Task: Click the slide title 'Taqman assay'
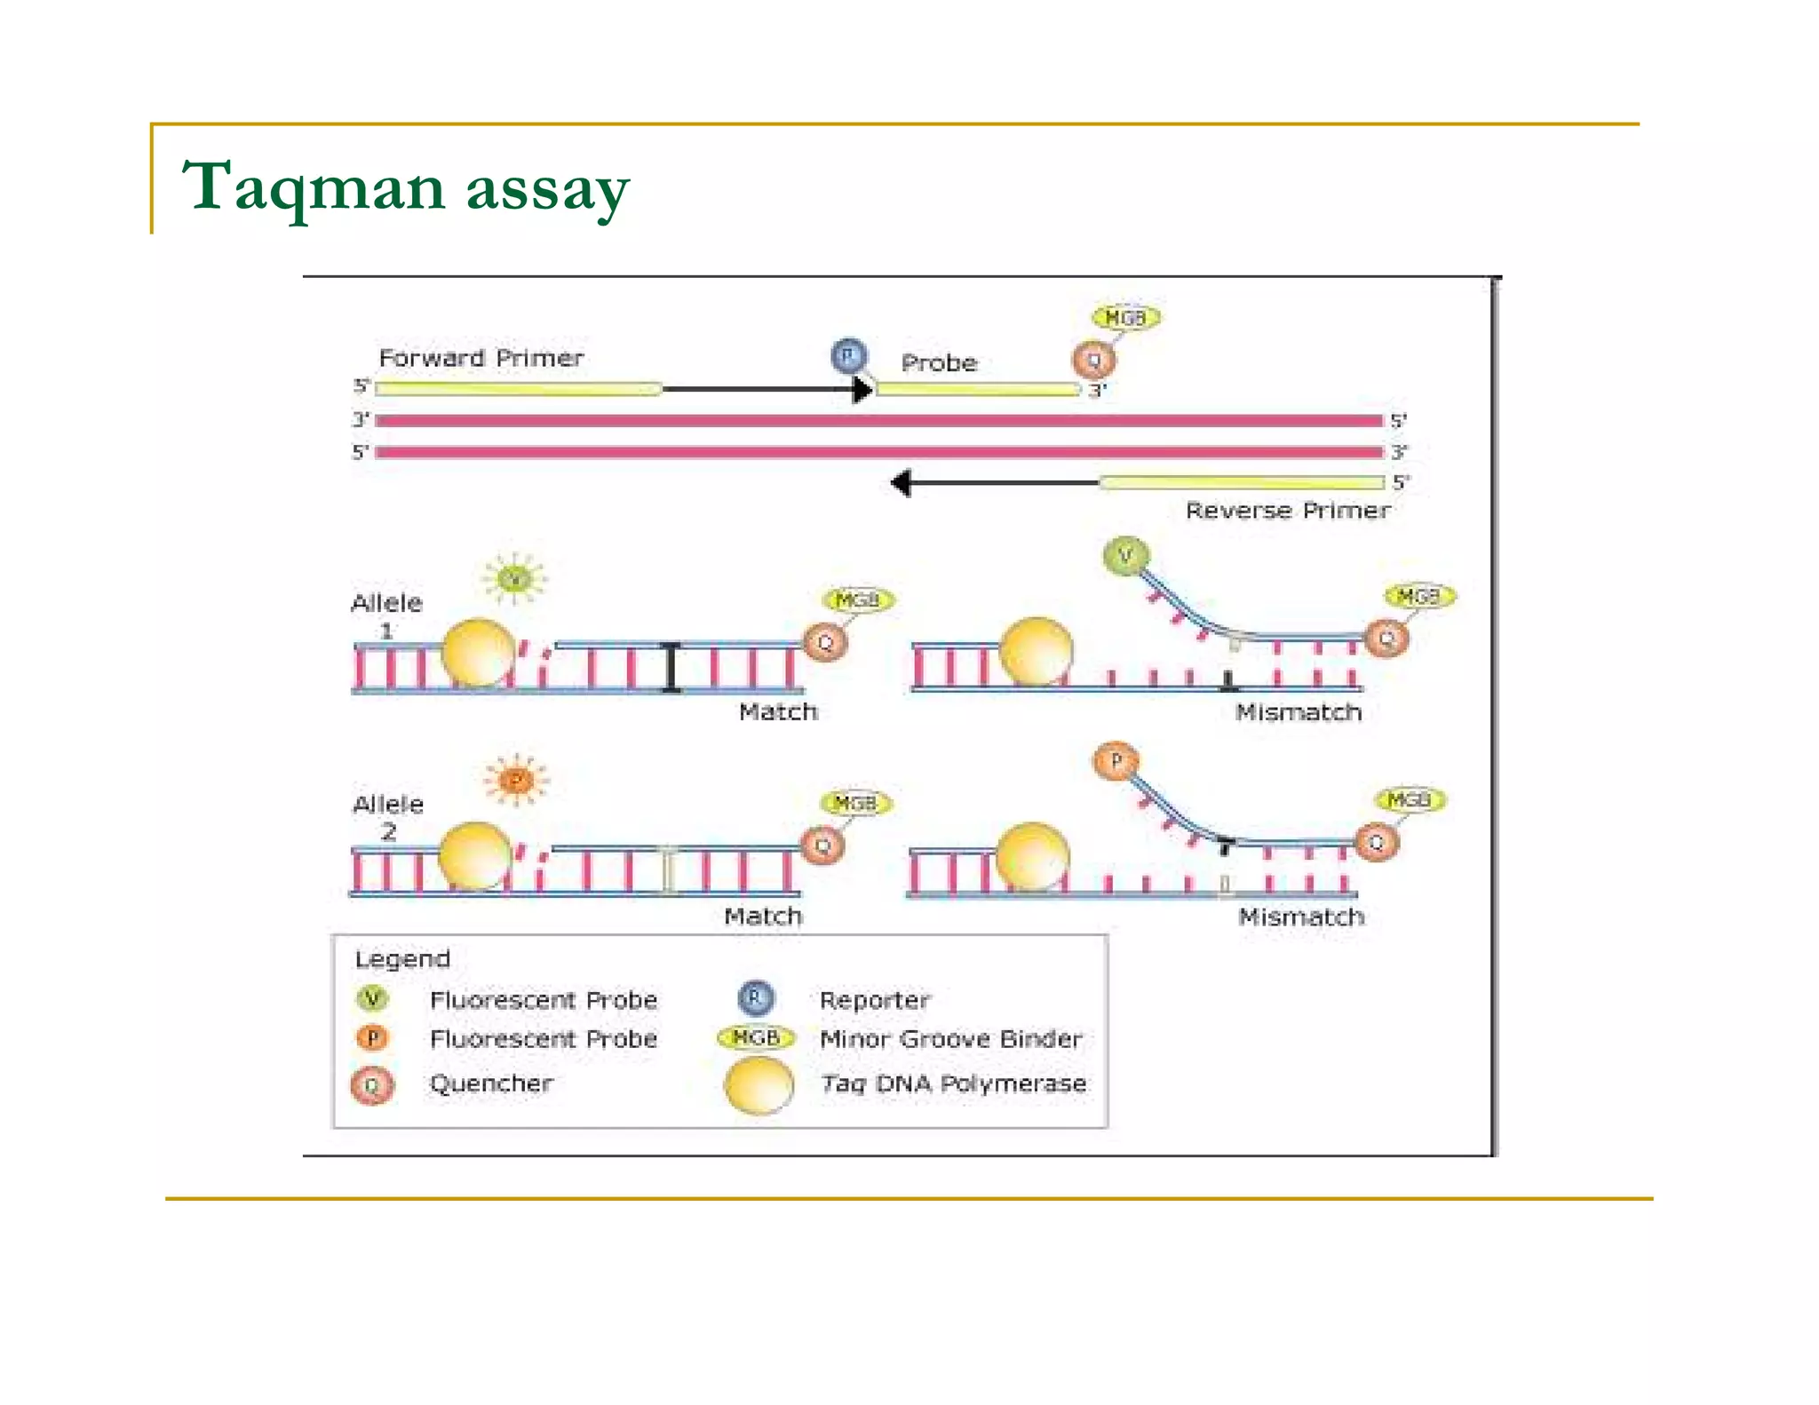pos(405,187)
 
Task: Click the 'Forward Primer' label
pos(481,358)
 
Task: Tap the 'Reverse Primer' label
pos(1287,511)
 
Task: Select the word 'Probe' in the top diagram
pos(939,363)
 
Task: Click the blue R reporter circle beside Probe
pos(848,355)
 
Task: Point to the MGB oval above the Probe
pos(1125,318)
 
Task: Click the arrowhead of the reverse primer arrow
pos(902,483)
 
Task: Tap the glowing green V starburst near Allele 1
pos(514,580)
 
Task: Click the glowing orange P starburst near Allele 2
pos(517,781)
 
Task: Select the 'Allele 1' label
pos(386,615)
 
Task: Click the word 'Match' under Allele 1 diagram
pos(778,711)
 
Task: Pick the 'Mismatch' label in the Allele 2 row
pos(1301,917)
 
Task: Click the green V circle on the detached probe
pos(1125,556)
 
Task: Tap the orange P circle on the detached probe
pos(1116,761)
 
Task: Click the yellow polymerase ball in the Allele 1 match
pos(479,653)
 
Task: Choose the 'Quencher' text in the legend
pos(491,1084)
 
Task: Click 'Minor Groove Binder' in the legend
pos(950,1039)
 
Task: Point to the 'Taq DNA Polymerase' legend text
pos(953,1084)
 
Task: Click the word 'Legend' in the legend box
pos(402,959)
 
